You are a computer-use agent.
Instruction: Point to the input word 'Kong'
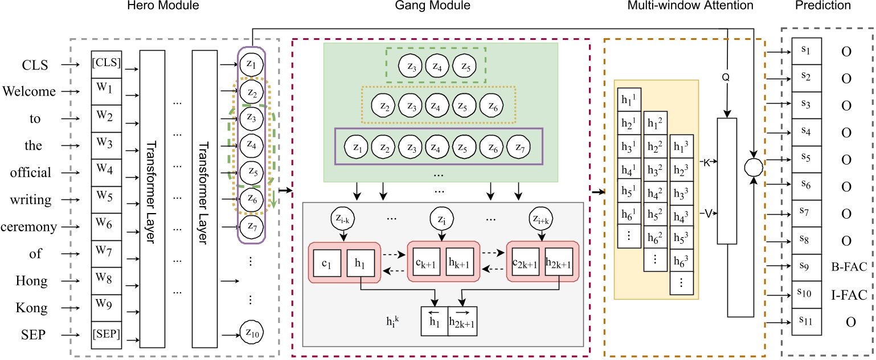tap(35, 308)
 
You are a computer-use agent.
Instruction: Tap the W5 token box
tap(107, 199)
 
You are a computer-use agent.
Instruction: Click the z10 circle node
tap(251, 335)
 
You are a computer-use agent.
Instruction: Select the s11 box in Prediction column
tap(805, 322)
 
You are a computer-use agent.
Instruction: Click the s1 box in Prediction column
tap(805, 51)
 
